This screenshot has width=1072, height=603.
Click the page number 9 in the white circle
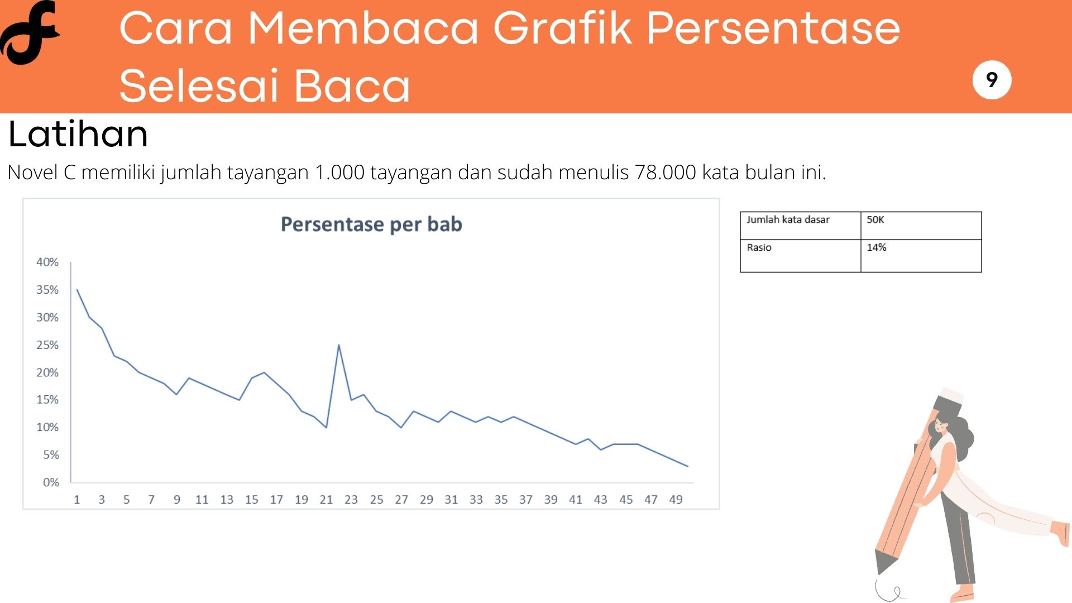[992, 80]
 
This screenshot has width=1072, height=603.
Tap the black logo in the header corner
[30, 32]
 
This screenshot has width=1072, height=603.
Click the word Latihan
[78, 134]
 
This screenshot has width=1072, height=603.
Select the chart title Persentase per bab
[371, 224]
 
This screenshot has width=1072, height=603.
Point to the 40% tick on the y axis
[47, 262]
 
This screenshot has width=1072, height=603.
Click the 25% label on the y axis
[47, 345]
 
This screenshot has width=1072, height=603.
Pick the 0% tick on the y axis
[51, 482]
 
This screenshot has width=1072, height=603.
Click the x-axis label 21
[326, 500]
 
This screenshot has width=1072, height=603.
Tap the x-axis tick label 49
[676, 500]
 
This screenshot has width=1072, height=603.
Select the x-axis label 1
[77, 500]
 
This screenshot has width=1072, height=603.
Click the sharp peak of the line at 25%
[339, 345]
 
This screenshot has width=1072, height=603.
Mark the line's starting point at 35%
[77, 289]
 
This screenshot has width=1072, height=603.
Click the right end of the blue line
[688, 466]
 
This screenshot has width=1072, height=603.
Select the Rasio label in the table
[759, 247]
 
